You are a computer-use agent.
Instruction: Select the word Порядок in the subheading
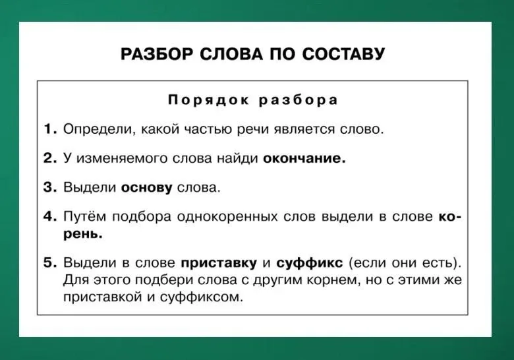click(x=208, y=100)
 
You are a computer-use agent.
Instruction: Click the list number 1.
click(x=50, y=129)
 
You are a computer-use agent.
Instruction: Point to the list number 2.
click(x=50, y=158)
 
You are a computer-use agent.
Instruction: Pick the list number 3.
click(x=50, y=187)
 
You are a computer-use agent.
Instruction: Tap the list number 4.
click(x=50, y=216)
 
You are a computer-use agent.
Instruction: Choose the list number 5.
click(x=50, y=262)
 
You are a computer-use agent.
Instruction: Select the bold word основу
click(x=146, y=188)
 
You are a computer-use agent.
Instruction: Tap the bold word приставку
click(x=219, y=263)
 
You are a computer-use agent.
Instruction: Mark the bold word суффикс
click(x=310, y=263)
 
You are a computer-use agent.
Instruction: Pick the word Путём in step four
click(x=84, y=217)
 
